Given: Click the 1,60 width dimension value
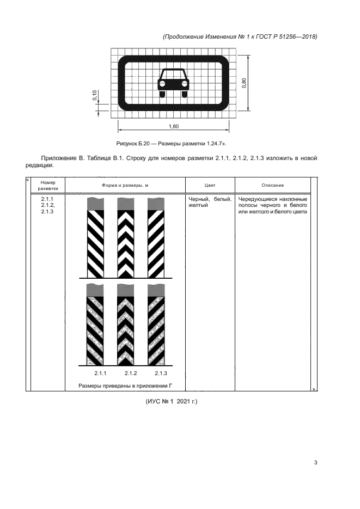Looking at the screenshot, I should tap(174, 126).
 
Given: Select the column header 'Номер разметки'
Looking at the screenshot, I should tap(47, 185).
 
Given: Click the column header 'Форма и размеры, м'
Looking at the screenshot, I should tap(125, 186).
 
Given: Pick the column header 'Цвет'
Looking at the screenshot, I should tap(210, 186).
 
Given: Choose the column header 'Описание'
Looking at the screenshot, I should tap(272, 186).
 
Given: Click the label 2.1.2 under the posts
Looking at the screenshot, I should tap(130, 373).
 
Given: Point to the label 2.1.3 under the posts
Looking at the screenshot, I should tap(160, 373).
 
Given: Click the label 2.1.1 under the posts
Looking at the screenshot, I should tap(100, 373).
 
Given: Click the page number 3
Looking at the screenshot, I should tap(315, 463).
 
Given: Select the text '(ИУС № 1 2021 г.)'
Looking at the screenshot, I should tap(170, 402).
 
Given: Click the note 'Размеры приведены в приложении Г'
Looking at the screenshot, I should tap(129, 386).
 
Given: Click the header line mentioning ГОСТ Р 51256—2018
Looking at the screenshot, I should tap(240, 36).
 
